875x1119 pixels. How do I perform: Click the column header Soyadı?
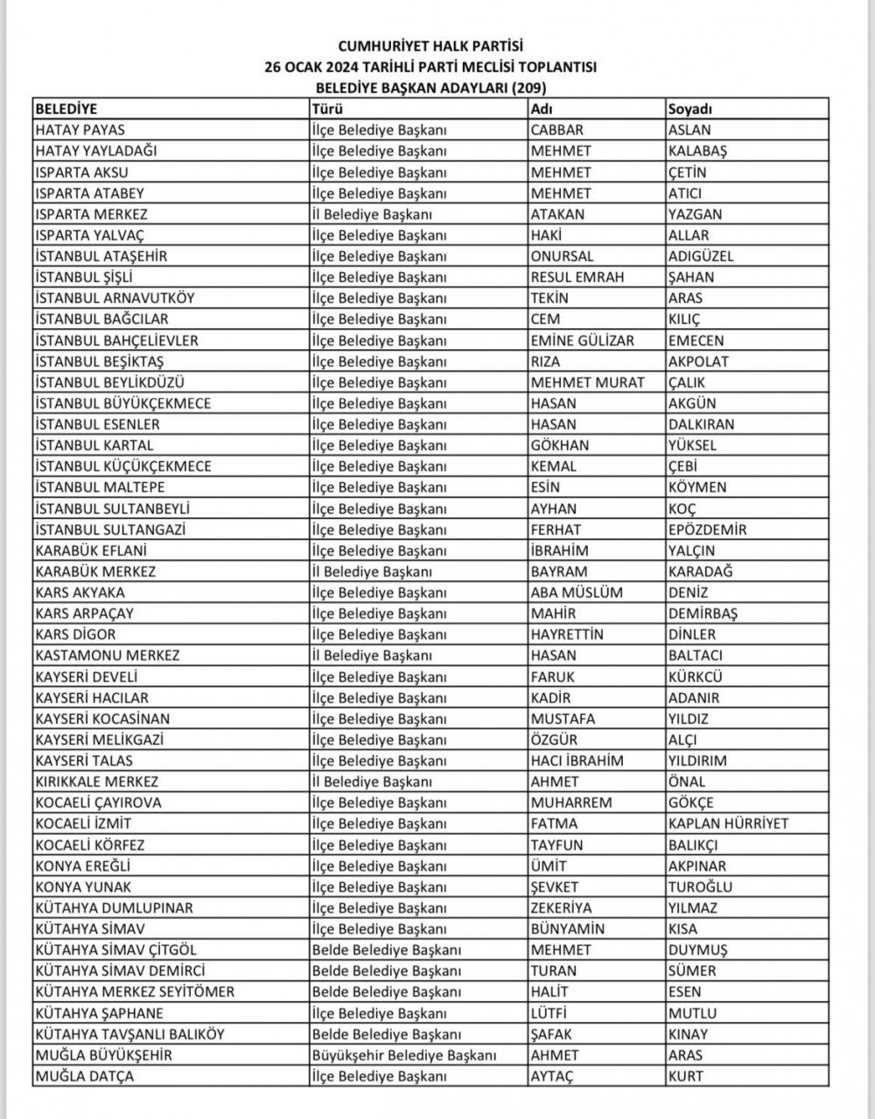(x=690, y=109)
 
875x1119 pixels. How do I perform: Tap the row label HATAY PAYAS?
(x=80, y=130)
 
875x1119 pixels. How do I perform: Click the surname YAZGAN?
(x=695, y=214)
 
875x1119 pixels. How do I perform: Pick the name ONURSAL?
(x=562, y=256)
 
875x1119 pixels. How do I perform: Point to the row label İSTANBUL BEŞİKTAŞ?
(x=100, y=361)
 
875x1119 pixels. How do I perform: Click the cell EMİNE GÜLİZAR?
(x=582, y=340)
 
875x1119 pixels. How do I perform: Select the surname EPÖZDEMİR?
(x=707, y=529)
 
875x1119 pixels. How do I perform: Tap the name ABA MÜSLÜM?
(x=577, y=592)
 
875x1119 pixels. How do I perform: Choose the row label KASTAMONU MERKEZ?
(x=108, y=655)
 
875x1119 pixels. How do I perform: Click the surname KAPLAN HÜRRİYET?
(x=728, y=823)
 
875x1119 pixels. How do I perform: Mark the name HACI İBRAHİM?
(x=577, y=760)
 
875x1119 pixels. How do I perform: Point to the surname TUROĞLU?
(x=700, y=886)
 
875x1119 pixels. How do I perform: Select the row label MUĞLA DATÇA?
(x=85, y=1076)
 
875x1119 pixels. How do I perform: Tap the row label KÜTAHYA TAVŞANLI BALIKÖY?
(x=130, y=1034)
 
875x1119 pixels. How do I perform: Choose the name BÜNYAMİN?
(x=567, y=928)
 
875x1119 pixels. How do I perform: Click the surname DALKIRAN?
(x=701, y=424)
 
